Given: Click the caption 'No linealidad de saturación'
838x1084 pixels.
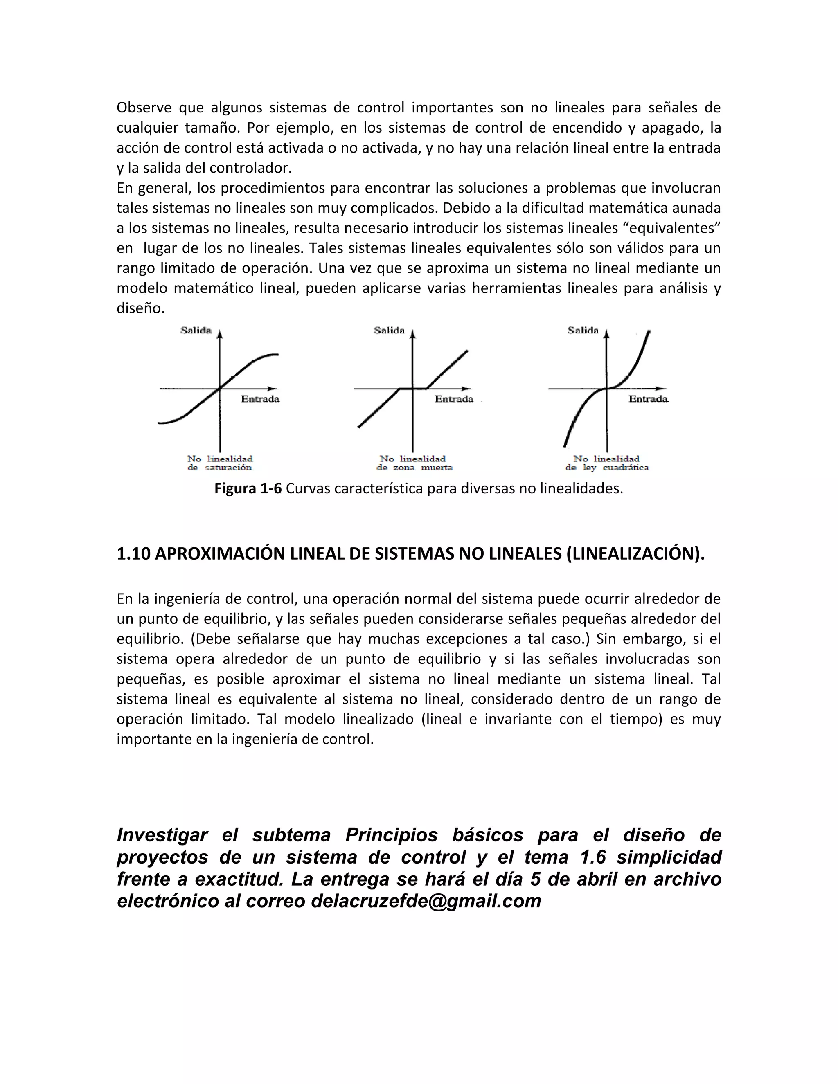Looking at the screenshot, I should [x=220, y=463].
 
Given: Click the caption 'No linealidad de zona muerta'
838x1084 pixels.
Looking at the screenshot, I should [x=414, y=463].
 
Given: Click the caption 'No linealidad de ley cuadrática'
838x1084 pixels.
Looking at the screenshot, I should [x=607, y=463].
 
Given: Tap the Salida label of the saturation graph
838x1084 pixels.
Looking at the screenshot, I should [x=196, y=331].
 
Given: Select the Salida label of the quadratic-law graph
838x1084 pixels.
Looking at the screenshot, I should [x=583, y=331].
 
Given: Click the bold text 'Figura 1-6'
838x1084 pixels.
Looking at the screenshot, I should [x=248, y=489].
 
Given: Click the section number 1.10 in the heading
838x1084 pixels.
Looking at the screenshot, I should [x=133, y=554].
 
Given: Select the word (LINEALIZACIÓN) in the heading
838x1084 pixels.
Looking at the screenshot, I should [x=635, y=554].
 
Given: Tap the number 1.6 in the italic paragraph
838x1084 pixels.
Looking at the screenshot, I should [x=593, y=857].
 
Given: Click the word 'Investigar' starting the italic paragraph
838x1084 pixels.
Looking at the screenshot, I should [x=162, y=835].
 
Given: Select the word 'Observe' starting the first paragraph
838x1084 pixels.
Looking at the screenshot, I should [x=144, y=108].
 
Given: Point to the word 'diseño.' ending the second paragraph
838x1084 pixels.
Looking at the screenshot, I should [x=140, y=309].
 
